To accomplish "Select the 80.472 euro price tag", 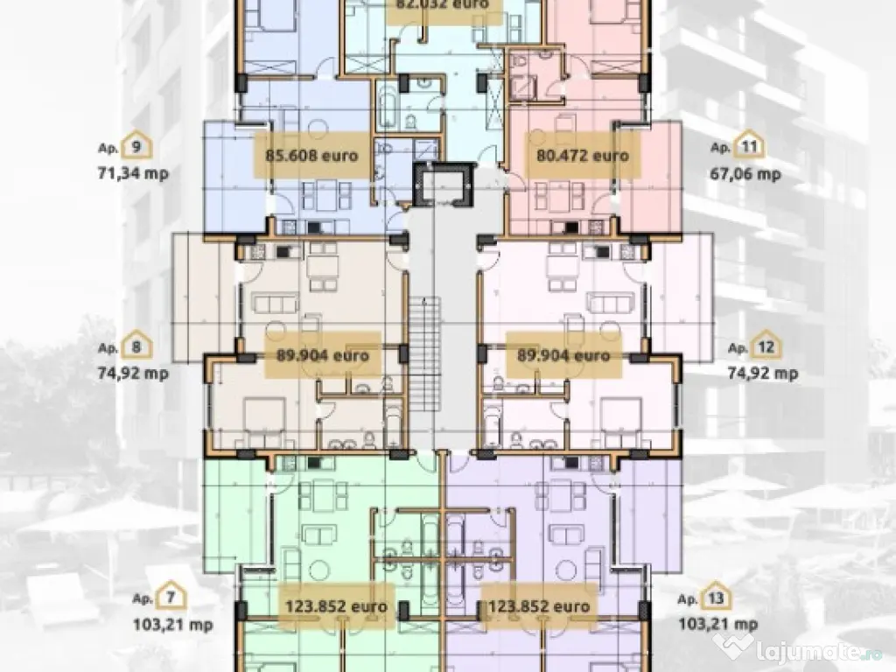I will [581, 157].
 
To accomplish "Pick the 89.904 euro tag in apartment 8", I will [310, 356].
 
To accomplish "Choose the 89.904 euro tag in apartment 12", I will [557, 356].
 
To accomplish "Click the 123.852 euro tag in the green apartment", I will [335, 605].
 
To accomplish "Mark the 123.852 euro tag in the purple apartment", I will [535, 605].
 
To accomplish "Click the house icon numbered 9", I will [138, 147].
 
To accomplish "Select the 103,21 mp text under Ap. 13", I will [717, 625].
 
